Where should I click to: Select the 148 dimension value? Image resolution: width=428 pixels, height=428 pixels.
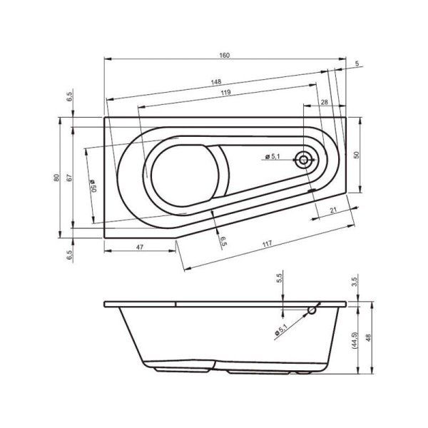pos(215,81)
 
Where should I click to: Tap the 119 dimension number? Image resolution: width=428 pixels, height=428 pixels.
pos(225,93)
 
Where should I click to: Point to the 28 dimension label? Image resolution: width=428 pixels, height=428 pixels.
pos(324,103)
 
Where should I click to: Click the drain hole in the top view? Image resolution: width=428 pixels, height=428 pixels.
pos(305,160)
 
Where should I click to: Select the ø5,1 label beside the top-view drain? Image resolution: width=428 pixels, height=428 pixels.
pos(272,156)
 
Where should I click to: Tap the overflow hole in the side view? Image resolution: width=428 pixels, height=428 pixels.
pos(312,311)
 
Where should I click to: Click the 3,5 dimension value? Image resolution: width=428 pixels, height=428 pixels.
pos(355,282)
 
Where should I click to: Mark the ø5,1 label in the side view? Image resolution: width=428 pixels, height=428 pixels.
pos(281,330)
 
